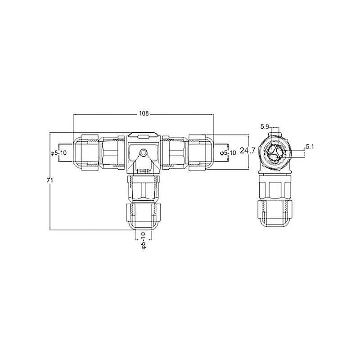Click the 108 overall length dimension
click(144, 113)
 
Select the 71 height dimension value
click(50, 180)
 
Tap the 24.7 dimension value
click(247, 150)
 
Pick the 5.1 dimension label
click(310, 146)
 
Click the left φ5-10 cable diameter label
click(58, 153)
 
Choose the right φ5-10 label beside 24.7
click(228, 153)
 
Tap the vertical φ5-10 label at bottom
click(143, 240)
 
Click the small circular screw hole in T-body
click(144, 152)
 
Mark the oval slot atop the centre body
click(144, 137)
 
